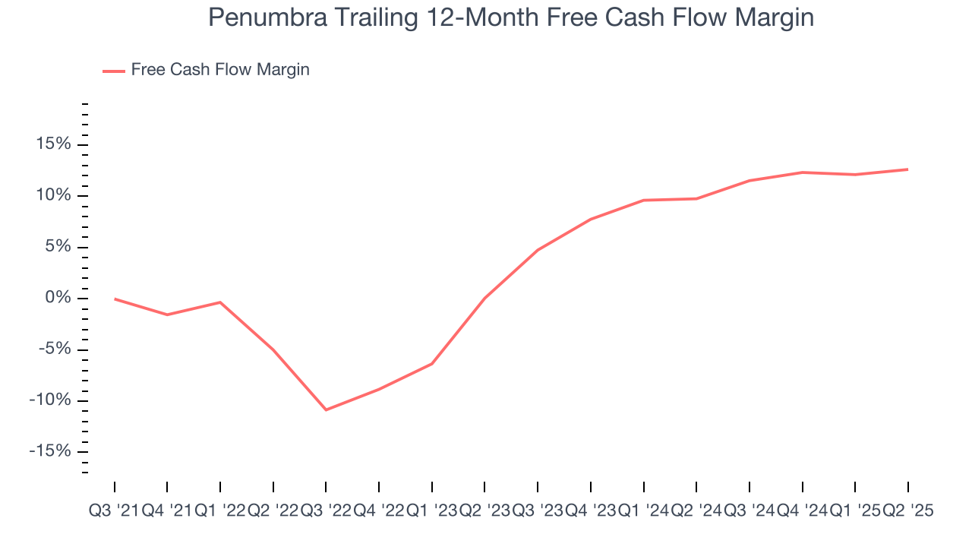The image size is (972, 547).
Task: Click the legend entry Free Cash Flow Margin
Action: (219, 70)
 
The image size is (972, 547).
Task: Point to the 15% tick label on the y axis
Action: (49, 144)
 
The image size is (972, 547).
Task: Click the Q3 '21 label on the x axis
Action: (114, 511)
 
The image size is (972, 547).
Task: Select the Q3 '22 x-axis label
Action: (326, 511)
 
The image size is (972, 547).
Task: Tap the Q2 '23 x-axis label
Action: (484, 511)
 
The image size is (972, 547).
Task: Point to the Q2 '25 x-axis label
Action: (907, 511)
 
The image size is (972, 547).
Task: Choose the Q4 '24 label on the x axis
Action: (802, 511)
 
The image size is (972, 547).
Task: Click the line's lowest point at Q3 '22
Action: (326, 409)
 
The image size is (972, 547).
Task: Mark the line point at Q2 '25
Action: (907, 169)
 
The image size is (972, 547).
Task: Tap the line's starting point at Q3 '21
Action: (115, 299)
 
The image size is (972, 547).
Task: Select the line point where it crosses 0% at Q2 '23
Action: (484, 298)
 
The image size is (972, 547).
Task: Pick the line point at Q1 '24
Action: (643, 200)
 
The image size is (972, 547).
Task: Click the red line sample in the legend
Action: (114, 71)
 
